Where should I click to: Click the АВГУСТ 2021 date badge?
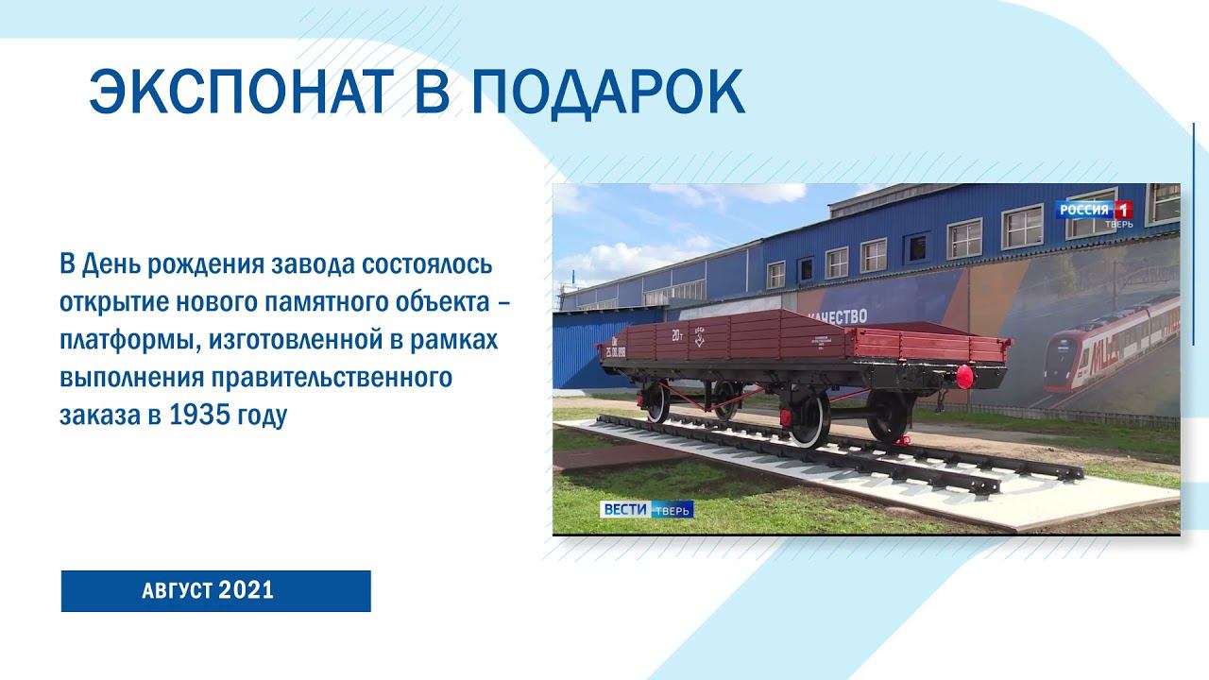[215, 591]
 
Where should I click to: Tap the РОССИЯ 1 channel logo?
[1094, 211]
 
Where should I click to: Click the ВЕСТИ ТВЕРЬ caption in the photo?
[647, 509]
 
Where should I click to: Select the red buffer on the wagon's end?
[964, 376]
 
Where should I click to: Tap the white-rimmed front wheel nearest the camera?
[810, 419]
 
